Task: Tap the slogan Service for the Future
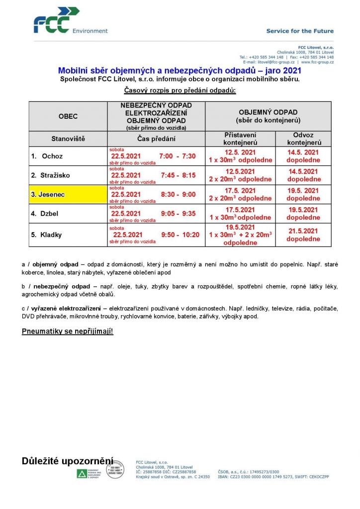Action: coord(299,31)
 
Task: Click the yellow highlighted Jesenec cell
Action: coord(68,194)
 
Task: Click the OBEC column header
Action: coord(68,116)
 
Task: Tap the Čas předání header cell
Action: coord(156,139)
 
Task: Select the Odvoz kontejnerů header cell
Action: coord(303,139)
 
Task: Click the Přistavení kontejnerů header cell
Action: coord(240,139)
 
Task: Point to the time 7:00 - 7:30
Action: coord(178,156)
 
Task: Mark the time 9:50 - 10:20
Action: coord(180,235)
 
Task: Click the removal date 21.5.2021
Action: coord(303,231)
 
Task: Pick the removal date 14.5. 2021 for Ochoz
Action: coord(303,153)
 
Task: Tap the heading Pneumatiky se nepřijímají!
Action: coord(68,331)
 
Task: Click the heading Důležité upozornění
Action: coord(68,461)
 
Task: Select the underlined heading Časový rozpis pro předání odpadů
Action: coord(180,90)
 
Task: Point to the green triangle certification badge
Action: coord(81,473)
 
